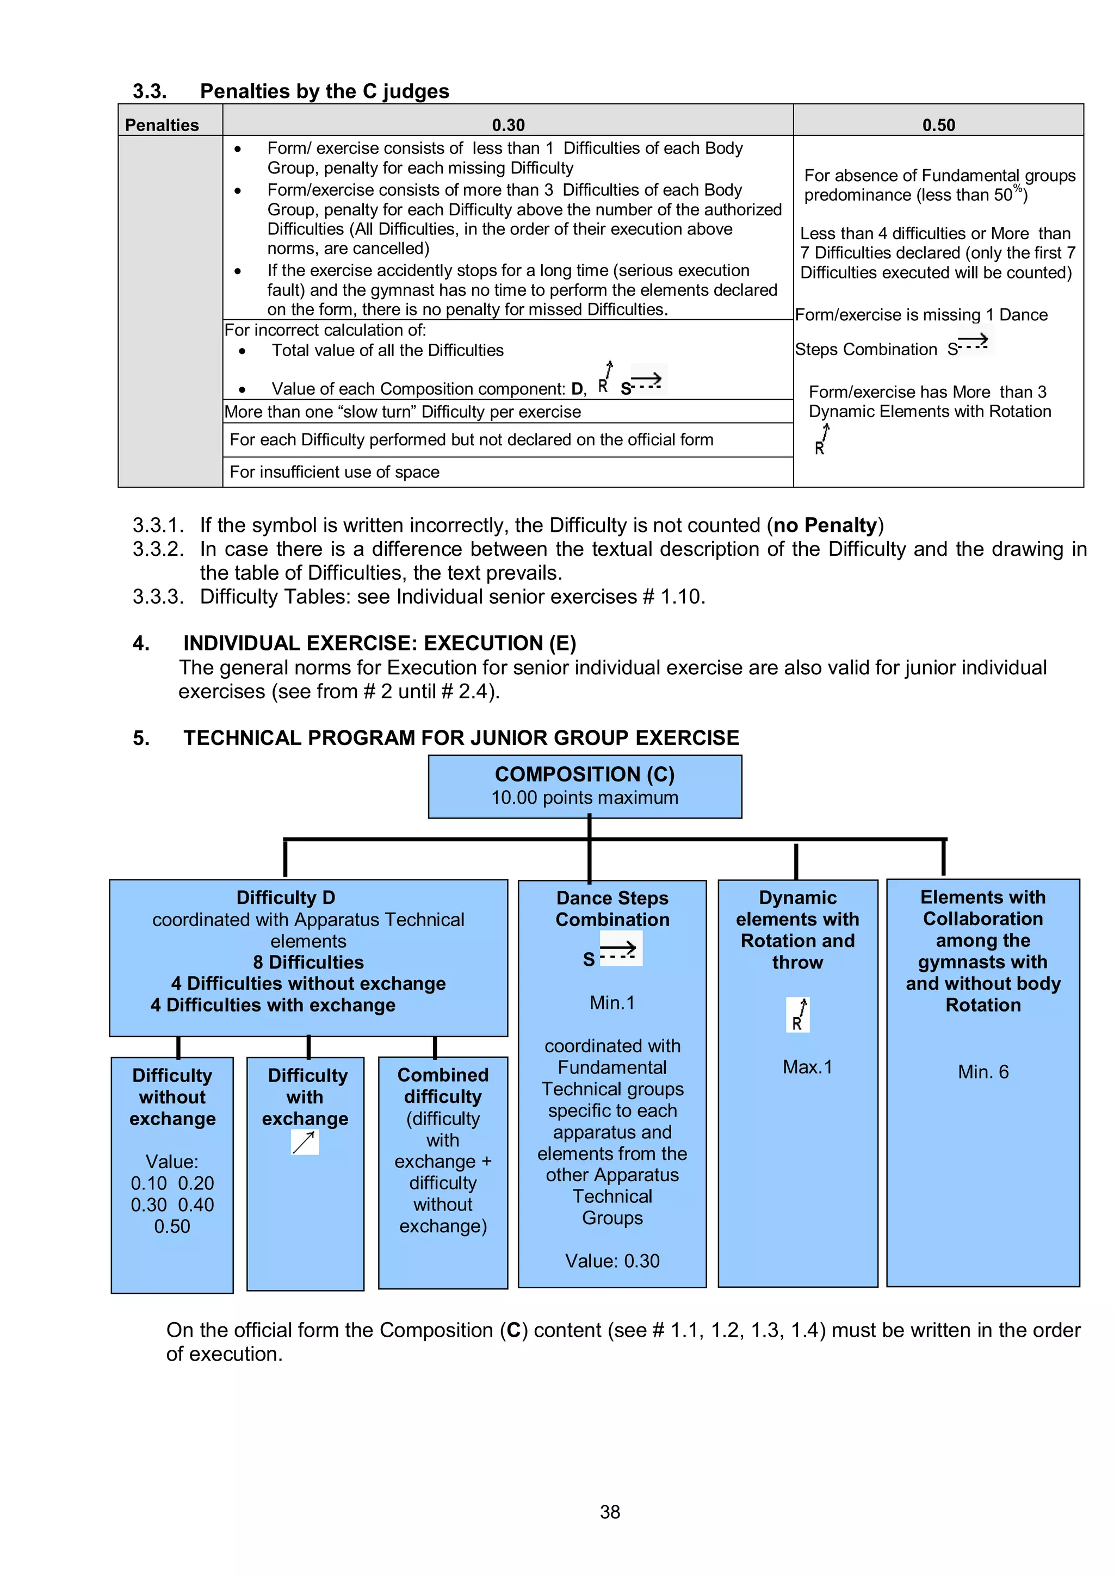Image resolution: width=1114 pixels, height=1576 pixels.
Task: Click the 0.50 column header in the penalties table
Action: point(938,125)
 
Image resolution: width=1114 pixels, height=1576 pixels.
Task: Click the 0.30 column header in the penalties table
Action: point(508,125)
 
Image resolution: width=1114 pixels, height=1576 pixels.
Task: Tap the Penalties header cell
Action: point(162,125)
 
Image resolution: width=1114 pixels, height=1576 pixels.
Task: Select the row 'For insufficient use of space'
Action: point(335,472)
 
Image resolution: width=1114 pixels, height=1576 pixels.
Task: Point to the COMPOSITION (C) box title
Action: point(585,774)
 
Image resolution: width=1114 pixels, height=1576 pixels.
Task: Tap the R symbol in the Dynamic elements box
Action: point(797,1015)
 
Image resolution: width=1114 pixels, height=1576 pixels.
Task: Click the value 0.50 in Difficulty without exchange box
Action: point(171,1227)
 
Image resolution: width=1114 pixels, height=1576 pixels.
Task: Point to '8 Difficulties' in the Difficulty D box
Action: point(308,963)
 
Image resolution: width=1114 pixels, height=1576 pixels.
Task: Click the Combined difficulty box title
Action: point(443,1086)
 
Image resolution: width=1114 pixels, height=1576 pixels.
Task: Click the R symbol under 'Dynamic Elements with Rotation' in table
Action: point(821,440)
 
